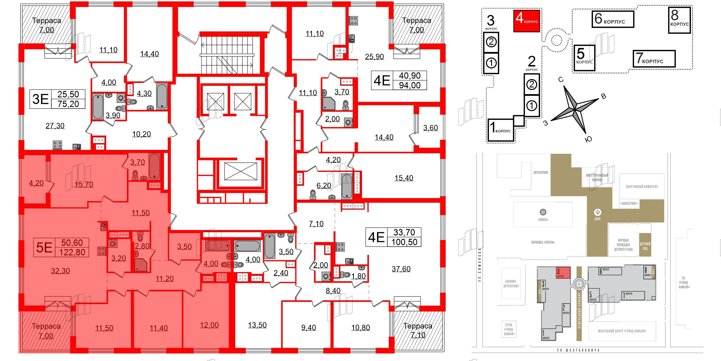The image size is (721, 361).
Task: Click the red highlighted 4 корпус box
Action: [x=526, y=21]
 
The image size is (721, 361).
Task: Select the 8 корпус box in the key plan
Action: [x=679, y=20]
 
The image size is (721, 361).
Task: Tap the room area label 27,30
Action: [x=55, y=126]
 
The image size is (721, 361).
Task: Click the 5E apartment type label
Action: [x=44, y=248]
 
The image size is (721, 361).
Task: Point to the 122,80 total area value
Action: [x=72, y=252]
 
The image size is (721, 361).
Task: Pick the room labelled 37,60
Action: [x=401, y=269]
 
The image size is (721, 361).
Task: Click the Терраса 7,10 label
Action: [x=418, y=331]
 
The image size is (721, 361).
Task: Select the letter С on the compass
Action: [x=561, y=80]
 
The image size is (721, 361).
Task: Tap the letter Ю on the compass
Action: [x=588, y=139]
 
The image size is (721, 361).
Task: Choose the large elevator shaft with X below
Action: [x=241, y=171]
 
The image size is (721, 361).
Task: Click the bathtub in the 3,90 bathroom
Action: [x=98, y=107]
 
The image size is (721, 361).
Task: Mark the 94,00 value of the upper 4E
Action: [x=410, y=85]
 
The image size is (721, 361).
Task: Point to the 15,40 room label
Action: [x=404, y=178]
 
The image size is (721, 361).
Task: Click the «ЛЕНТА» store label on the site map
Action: [x=543, y=219]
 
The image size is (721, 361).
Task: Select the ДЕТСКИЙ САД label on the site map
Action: [x=645, y=246]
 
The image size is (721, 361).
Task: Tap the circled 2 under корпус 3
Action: [x=491, y=42]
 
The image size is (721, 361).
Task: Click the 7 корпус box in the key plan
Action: [x=654, y=59]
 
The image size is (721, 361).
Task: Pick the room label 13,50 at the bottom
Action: [x=257, y=325]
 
